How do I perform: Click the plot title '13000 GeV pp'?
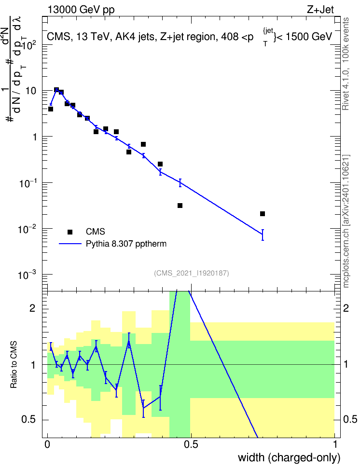(81, 10)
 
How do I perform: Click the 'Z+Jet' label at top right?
(320, 10)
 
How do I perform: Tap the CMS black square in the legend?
(70, 232)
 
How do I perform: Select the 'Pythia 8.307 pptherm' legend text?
(126, 244)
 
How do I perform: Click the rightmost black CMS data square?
(263, 214)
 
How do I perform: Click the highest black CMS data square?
(56, 90)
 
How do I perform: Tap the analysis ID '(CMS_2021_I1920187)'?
(192, 273)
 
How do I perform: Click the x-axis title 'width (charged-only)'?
(289, 457)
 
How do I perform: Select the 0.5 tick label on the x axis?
(191, 444)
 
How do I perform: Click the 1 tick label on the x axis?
(335, 444)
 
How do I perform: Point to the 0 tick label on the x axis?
(47, 444)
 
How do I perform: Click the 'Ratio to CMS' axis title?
(14, 365)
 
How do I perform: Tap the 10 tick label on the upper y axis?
(31, 91)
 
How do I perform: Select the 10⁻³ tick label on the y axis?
(28, 275)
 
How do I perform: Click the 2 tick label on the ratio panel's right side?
(346, 308)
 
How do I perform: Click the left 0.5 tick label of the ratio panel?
(29, 419)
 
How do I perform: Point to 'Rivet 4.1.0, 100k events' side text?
(346, 64)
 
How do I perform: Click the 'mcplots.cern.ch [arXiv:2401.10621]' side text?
(346, 221)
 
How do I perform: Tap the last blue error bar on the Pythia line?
(263, 235)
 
